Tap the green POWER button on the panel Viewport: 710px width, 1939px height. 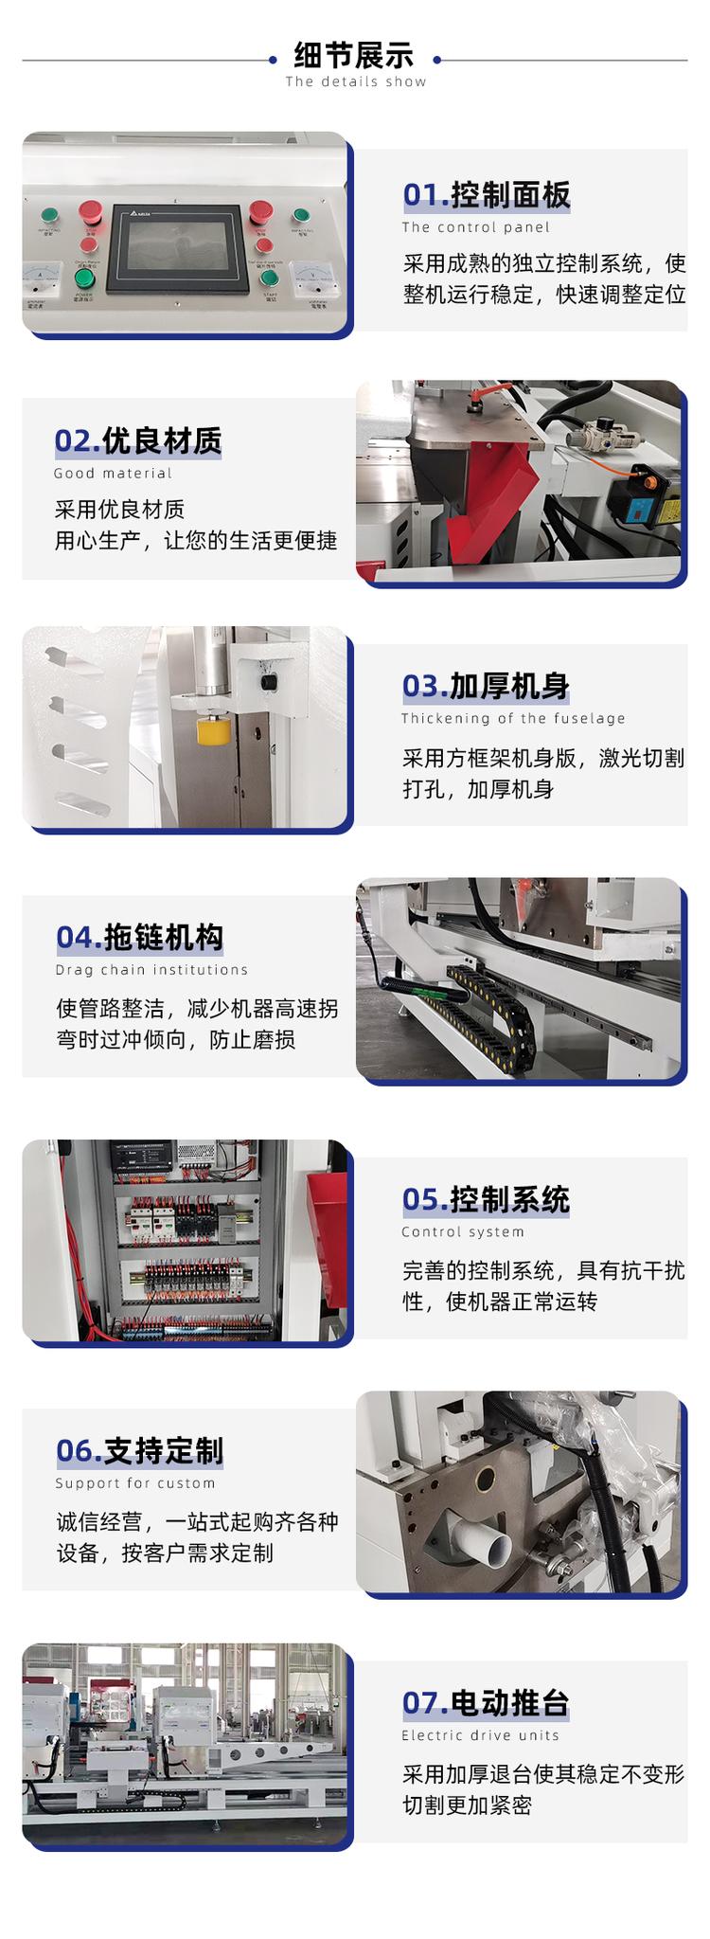coord(84,278)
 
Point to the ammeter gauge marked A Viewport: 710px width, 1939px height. coord(41,278)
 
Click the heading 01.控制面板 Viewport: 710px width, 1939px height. coord(487,194)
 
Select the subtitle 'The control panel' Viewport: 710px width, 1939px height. coord(475,227)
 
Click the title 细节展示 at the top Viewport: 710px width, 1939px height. coord(354,55)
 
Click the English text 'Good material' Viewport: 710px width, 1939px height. coord(113,473)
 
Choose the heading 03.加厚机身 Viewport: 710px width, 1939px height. coord(486,685)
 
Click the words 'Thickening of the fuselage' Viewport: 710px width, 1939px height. coord(513,718)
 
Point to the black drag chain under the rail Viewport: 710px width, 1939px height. coord(491,1005)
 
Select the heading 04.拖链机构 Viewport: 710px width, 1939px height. coord(140,937)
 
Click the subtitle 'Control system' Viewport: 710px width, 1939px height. coord(463,1231)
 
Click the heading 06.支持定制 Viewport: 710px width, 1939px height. coord(140,1450)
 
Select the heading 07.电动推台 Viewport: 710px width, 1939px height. coord(486,1702)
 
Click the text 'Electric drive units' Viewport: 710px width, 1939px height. coord(480,1735)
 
